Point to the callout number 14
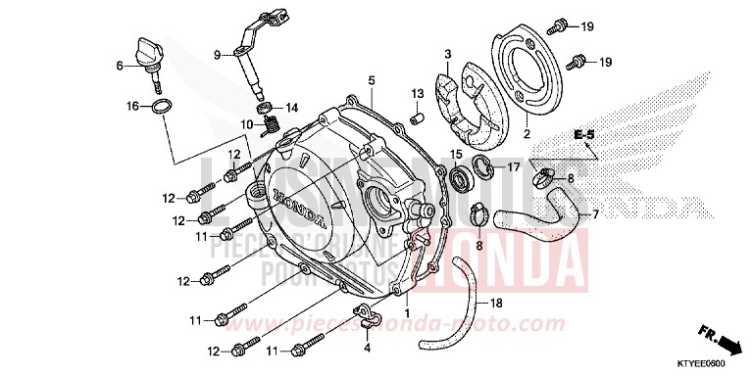point(292,107)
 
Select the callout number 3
point(446,54)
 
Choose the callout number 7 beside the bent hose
point(594,214)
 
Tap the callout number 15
point(456,155)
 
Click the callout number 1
point(380,285)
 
